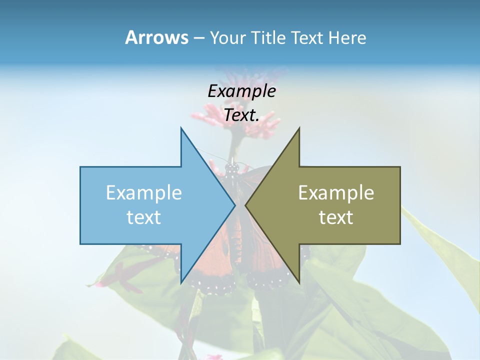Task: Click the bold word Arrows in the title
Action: pyautogui.click(x=156, y=37)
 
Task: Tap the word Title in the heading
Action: pyautogui.click(x=267, y=37)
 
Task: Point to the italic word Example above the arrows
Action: pyautogui.click(x=241, y=91)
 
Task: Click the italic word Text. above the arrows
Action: pyautogui.click(x=241, y=115)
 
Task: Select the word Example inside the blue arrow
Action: pyautogui.click(x=144, y=192)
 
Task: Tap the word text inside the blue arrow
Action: pyautogui.click(x=144, y=217)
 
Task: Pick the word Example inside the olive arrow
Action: pyautogui.click(x=336, y=192)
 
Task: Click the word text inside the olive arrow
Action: pyautogui.click(x=336, y=217)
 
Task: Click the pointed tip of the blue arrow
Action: pyautogui.click(x=234, y=205)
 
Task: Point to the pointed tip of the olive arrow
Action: pyautogui.click(x=246, y=205)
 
